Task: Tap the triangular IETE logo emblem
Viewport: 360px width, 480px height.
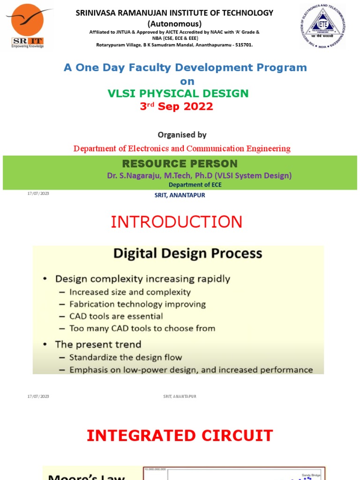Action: coord(323,27)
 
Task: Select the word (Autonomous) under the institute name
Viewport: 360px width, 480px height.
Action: coord(174,23)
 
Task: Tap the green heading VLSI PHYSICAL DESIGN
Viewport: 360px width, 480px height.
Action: coord(178,94)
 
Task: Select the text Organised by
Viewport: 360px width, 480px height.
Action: coord(182,135)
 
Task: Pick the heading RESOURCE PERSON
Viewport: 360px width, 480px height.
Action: coord(180,164)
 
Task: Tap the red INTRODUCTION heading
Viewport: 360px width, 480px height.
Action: coord(177,222)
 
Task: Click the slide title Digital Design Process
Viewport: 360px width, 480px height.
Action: coord(187,254)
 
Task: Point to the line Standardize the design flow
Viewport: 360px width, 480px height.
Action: coord(126,358)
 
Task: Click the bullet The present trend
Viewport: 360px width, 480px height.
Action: coord(98,345)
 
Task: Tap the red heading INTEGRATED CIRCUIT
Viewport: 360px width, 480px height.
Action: coord(180,435)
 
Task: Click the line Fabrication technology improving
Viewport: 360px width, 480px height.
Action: coord(137,304)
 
